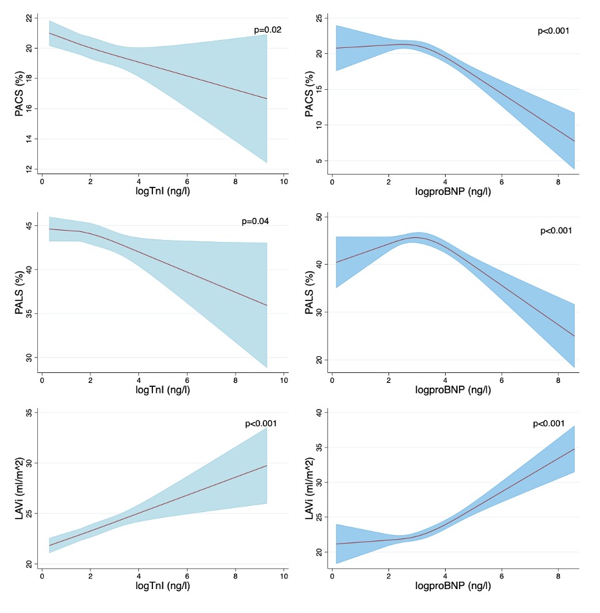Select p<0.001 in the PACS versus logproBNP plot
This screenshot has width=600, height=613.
[553, 31]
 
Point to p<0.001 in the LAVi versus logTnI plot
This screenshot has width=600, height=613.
[261, 424]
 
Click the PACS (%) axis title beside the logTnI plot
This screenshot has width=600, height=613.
[19, 93]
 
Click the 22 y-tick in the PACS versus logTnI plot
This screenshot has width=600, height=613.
[29, 18]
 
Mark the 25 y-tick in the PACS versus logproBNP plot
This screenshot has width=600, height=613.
[318, 18]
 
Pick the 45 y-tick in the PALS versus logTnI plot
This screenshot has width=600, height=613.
[29, 227]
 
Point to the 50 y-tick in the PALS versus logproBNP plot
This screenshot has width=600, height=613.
[318, 217]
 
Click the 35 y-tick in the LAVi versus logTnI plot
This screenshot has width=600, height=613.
[29, 413]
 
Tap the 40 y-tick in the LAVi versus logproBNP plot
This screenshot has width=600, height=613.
[318, 413]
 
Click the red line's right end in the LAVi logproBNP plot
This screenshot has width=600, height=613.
[573, 449]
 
